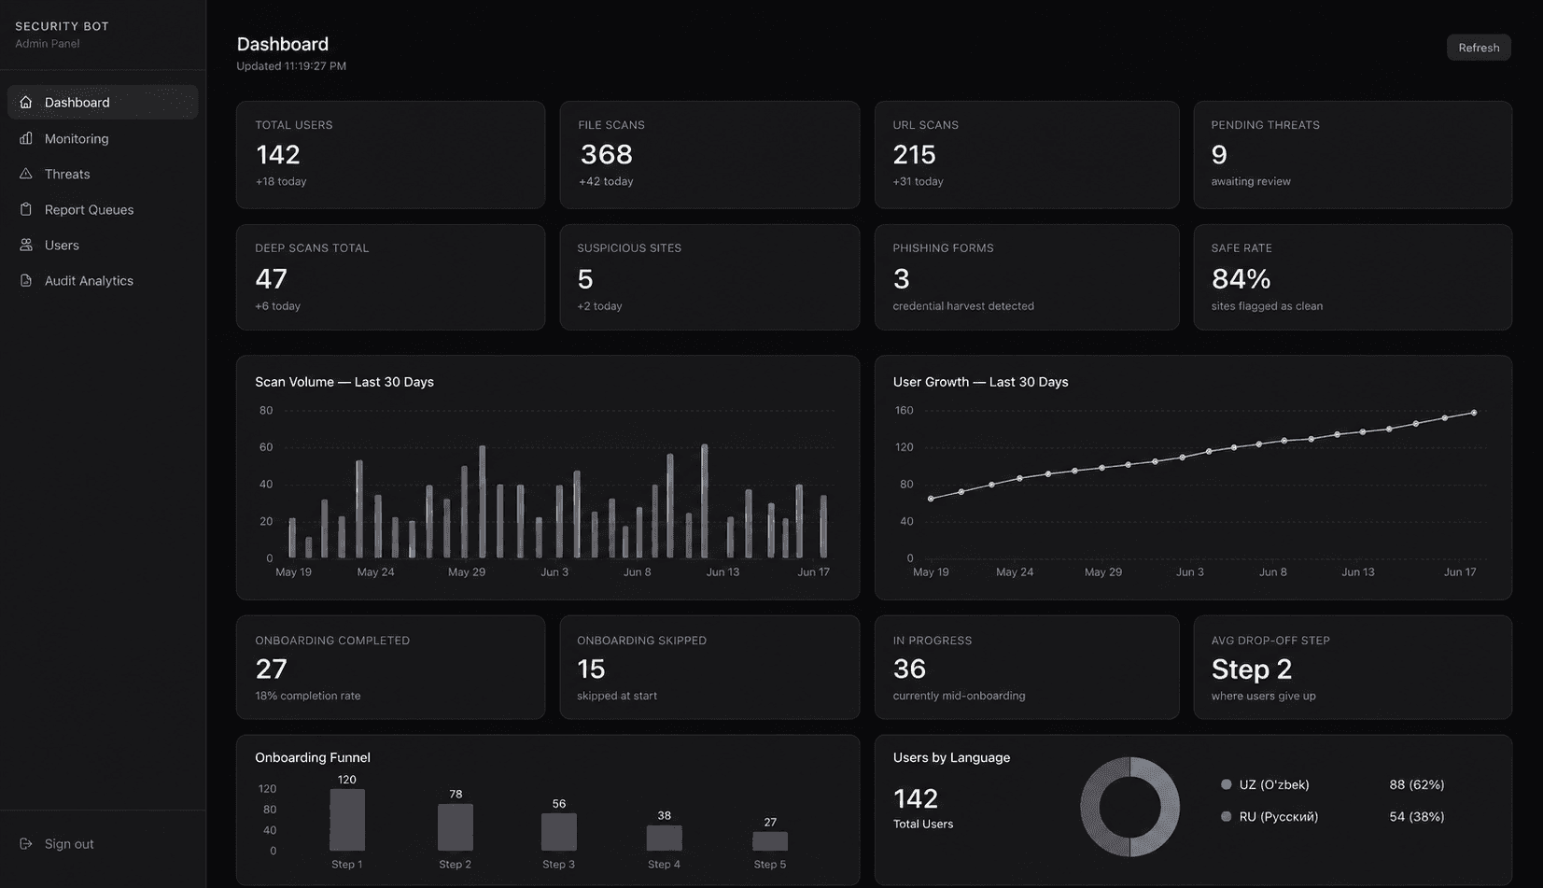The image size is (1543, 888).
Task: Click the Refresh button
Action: coord(1479,48)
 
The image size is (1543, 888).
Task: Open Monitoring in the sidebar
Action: coord(76,138)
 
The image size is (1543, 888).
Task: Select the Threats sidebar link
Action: coord(67,175)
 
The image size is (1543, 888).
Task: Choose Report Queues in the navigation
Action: coord(89,209)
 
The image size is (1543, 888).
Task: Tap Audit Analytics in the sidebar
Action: coord(89,280)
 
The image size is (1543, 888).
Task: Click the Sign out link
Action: coord(68,844)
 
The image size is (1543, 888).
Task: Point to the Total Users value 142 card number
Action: coord(277,154)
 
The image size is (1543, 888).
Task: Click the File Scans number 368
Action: coord(606,154)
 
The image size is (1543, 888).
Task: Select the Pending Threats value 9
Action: coord(1218,154)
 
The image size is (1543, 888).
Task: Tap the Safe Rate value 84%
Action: coord(1241,278)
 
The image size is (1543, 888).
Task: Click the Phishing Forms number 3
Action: coord(901,278)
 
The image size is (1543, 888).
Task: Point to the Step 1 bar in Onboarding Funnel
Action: coord(347,820)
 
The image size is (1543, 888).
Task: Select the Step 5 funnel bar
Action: coord(770,841)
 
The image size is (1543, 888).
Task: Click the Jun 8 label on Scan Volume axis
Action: coord(638,571)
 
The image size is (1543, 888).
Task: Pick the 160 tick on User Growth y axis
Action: coord(904,410)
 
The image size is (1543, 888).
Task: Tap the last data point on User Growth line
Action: coord(1474,413)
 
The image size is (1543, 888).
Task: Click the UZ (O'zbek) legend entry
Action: coord(1265,784)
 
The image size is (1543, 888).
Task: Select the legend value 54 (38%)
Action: coord(1416,816)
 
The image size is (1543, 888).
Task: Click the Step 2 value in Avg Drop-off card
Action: coord(1251,669)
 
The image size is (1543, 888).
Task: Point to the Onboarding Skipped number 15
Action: coord(591,669)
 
